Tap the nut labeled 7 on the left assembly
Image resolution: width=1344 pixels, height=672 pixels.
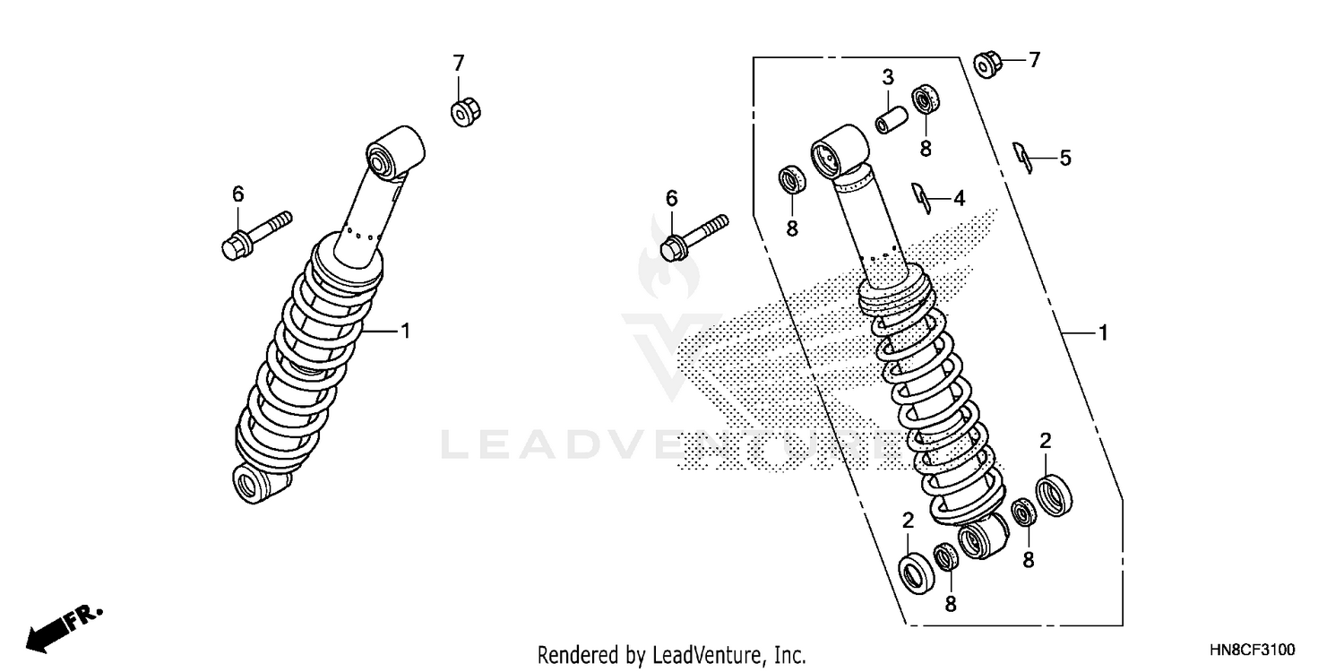coord(462,114)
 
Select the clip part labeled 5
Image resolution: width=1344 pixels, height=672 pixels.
coord(1022,157)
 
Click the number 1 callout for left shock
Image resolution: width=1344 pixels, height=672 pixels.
coord(405,332)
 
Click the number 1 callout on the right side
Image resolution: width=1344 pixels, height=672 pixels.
coord(1103,333)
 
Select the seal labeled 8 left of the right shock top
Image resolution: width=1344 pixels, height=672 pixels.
coord(792,178)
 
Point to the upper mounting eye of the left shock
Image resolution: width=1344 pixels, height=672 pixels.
coord(394,149)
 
